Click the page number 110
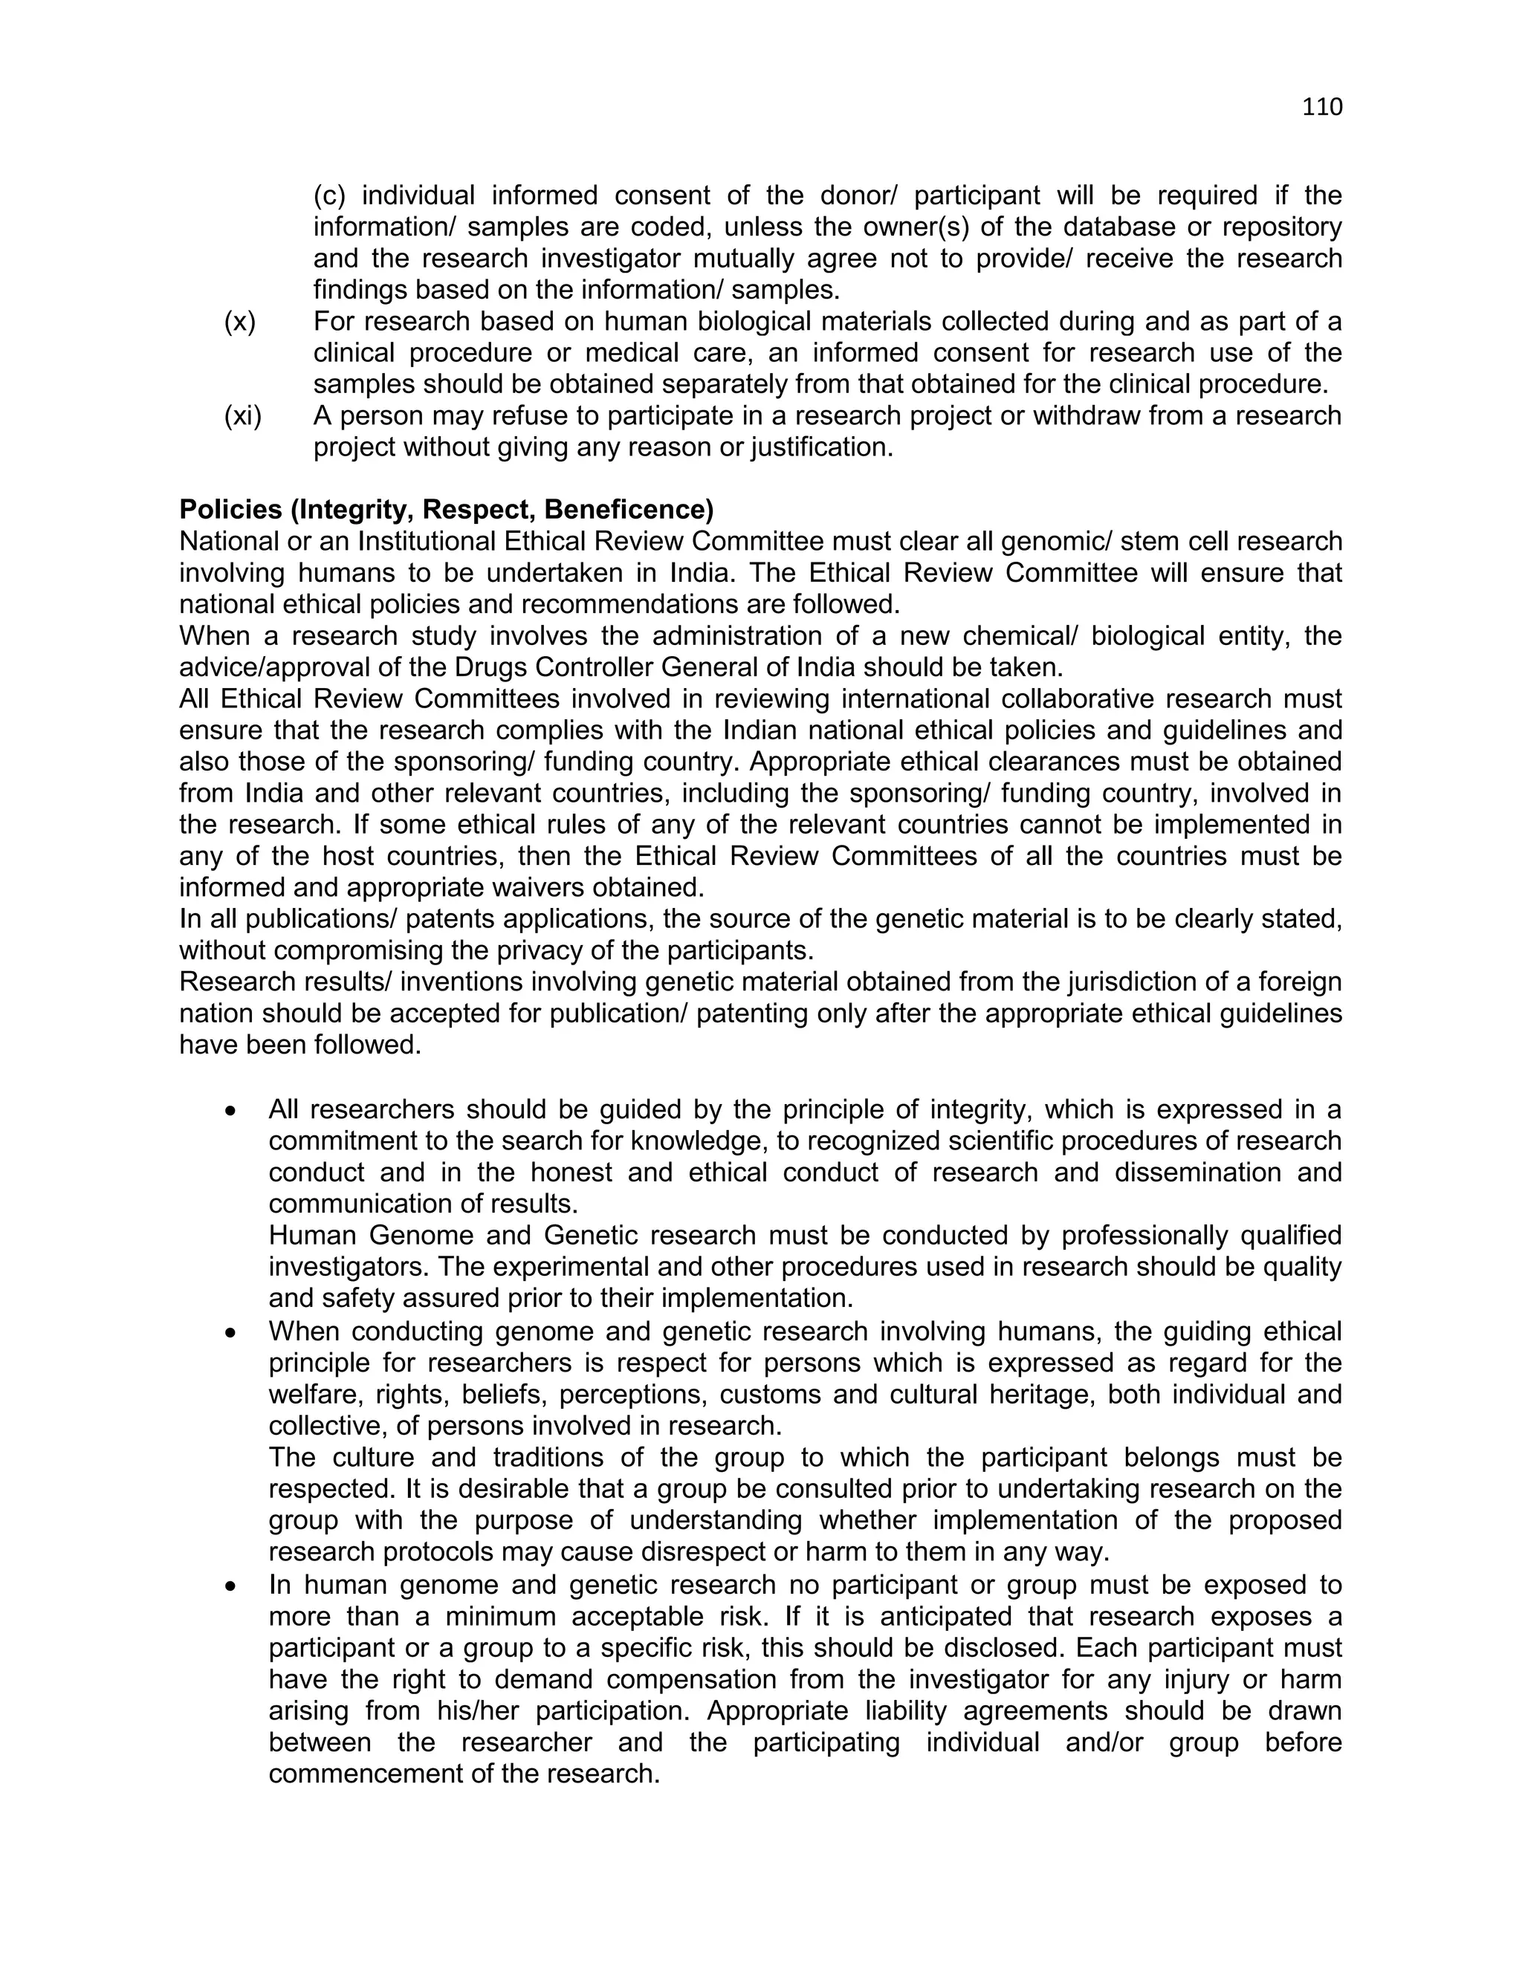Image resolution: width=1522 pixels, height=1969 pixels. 1322,107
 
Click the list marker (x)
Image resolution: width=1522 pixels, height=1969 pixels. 240,321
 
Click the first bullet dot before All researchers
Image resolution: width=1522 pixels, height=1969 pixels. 232,1112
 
